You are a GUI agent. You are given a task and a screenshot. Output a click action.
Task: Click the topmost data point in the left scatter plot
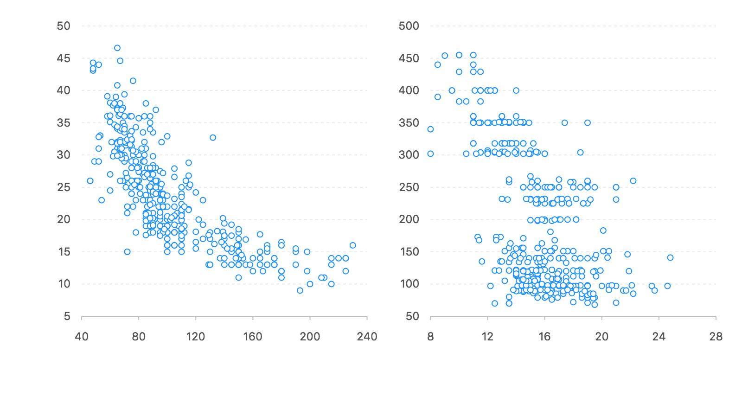pos(117,48)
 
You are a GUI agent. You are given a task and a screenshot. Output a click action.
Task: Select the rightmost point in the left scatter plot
pos(352,245)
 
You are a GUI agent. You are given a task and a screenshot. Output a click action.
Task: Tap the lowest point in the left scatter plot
pos(300,290)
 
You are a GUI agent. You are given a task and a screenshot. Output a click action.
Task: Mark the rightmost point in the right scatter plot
pos(670,257)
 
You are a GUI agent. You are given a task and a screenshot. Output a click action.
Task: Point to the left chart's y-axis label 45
pos(64,58)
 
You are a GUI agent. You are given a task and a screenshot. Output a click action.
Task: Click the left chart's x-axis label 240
pos(367,337)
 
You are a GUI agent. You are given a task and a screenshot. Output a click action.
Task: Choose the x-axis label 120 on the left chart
pos(196,337)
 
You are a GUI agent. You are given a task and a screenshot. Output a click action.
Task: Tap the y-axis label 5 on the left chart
pos(67,316)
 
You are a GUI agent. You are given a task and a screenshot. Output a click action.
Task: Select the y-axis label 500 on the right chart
pos(409,26)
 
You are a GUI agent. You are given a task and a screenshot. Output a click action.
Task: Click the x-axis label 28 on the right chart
pos(716,337)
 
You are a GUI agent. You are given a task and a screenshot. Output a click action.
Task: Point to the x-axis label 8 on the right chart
pos(430,337)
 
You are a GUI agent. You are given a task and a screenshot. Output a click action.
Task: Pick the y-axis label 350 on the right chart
pos(409,123)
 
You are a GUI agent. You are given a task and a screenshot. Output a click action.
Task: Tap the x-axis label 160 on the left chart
pos(253,337)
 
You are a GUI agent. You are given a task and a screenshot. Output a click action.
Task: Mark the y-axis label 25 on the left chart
pos(64,187)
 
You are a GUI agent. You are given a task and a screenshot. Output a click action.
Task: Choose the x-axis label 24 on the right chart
pos(659,337)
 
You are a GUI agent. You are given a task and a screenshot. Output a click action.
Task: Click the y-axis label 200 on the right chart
pos(409,219)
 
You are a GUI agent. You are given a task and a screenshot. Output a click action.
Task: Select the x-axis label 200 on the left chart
pos(310,337)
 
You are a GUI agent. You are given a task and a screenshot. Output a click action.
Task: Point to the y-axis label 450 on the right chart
pos(409,58)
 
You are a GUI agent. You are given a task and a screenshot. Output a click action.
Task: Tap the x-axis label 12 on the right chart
pos(487,337)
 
